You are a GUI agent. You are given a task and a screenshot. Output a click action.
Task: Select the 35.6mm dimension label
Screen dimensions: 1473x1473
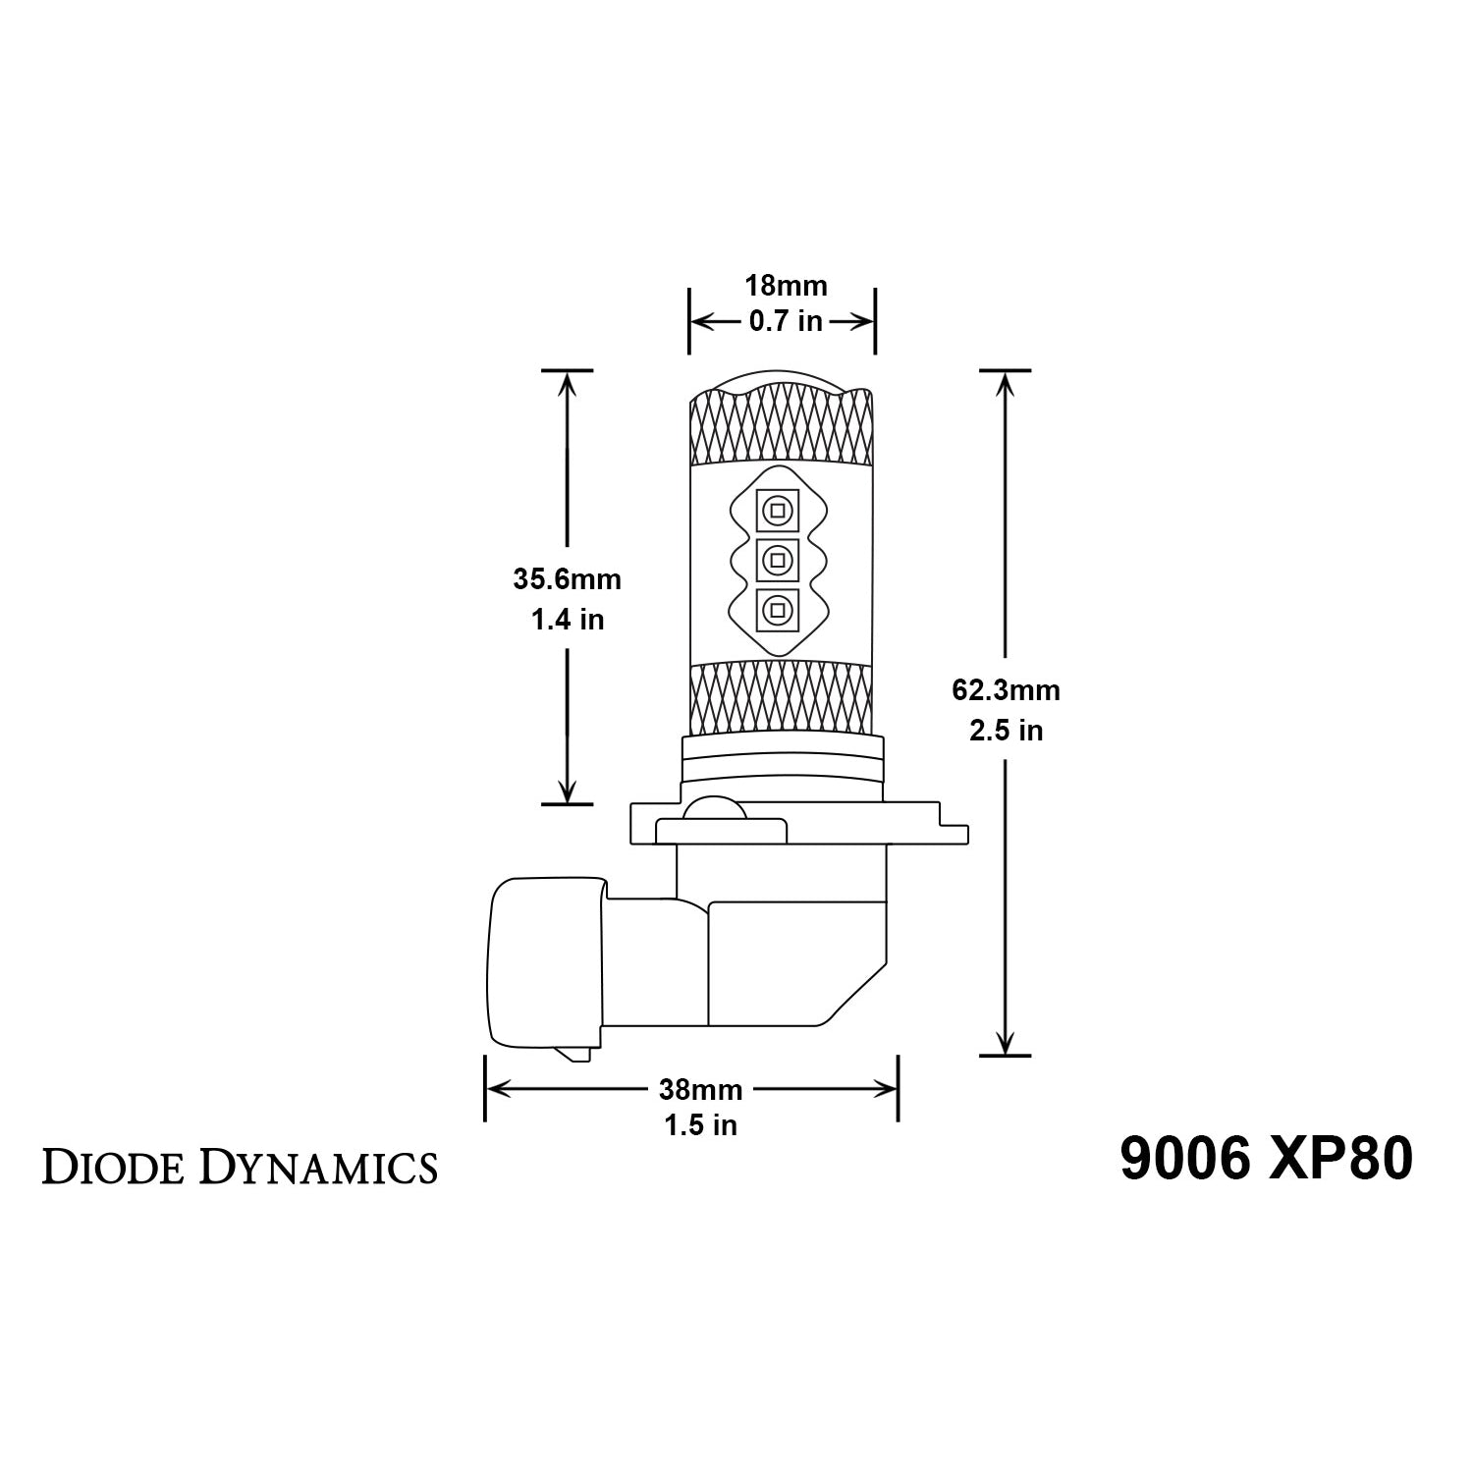568,579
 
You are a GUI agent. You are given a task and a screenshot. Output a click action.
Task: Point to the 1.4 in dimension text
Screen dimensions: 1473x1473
568,620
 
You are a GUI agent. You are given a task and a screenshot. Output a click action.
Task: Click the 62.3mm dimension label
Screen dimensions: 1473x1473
1006,690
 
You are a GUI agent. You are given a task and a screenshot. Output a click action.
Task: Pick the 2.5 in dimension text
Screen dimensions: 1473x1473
1006,731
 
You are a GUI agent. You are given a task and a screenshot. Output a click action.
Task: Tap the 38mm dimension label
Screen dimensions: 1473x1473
701,1089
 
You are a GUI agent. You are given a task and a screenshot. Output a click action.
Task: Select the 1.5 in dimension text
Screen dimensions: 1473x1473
701,1125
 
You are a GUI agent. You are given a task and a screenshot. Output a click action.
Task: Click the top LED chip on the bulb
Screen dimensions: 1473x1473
776,511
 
